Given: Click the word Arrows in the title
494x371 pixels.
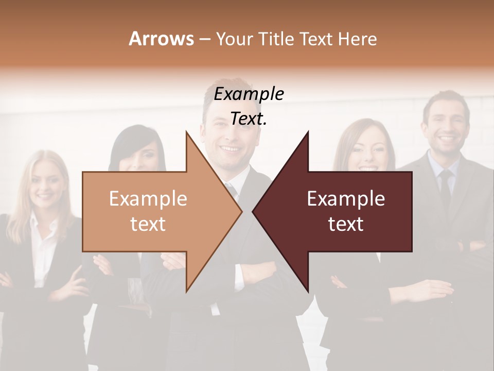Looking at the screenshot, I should (x=161, y=39).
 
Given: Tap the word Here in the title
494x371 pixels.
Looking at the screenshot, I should (x=357, y=39).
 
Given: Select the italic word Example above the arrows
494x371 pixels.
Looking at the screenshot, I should (x=249, y=94).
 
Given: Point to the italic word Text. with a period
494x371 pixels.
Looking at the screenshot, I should (x=249, y=119).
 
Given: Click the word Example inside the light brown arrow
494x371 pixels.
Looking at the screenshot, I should (x=148, y=198).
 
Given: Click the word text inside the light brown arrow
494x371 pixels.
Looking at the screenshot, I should (x=148, y=224).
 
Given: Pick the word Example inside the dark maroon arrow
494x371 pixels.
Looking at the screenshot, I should (x=346, y=198).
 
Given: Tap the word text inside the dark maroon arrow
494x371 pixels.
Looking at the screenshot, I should (x=346, y=224).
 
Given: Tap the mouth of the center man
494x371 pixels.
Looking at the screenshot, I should (x=230, y=149).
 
